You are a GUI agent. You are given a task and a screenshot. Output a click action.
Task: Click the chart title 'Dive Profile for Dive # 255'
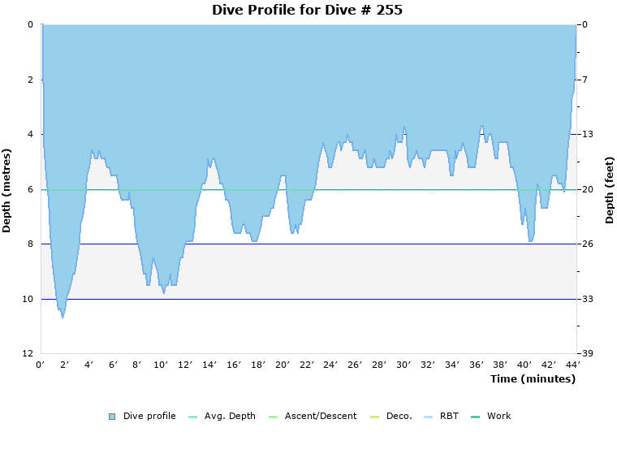[x=307, y=11]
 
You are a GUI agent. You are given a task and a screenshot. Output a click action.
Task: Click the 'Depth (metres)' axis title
[x=7, y=190]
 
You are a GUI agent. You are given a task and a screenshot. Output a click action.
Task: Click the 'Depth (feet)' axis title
[x=609, y=190]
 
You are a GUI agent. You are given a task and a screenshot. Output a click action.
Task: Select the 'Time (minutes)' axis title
[x=532, y=379]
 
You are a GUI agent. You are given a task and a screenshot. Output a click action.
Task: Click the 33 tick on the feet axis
[x=586, y=300]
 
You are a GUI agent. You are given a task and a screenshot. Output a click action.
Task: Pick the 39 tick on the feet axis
[x=586, y=354]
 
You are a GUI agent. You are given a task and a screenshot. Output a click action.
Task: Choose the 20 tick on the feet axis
[x=586, y=190]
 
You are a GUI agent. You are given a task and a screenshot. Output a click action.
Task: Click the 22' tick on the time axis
[x=307, y=365]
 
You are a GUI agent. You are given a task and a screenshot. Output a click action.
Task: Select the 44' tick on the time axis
[x=573, y=365]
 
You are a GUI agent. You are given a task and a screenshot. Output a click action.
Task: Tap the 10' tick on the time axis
[x=162, y=365]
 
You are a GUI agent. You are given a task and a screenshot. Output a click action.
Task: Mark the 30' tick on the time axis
[x=403, y=365]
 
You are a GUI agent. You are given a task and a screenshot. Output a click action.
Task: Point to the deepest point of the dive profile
[x=63, y=317]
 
